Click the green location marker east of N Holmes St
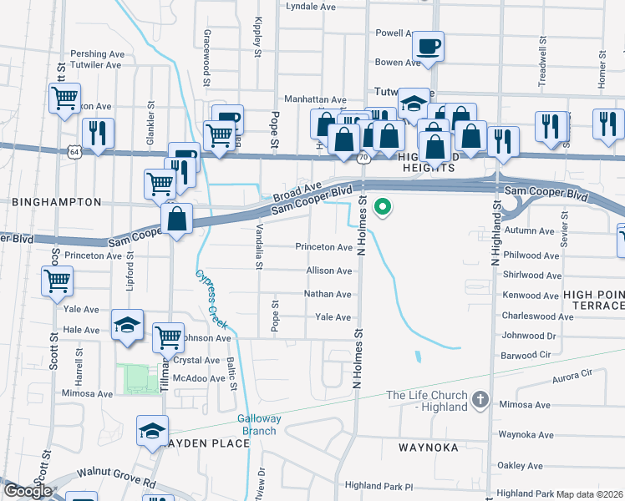pyautogui.click(x=384, y=206)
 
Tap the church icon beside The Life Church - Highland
pyautogui.click(x=480, y=400)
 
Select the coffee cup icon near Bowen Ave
pyautogui.click(x=428, y=47)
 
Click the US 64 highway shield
pyautogui.click(x=74, y=152)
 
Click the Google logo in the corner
pyautogui.click(x=27, y=491)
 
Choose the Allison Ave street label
pyautogui.click(x=329, y=271)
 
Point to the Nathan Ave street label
pyautogui.click(x=328, y=294)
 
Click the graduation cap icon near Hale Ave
pyautogui.click(x=126, y=326)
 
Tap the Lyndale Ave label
pyautogui.click(x=310, y=6)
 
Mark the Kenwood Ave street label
pyautogui.click(x=531, y=296)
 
